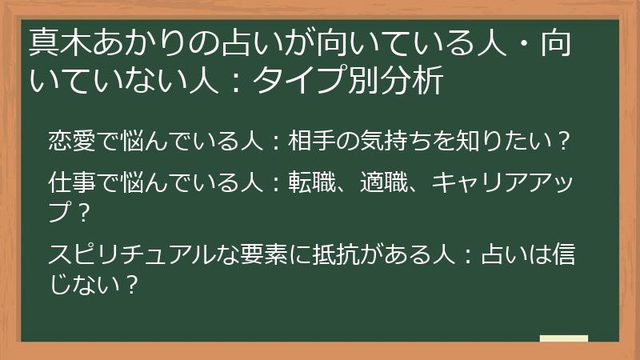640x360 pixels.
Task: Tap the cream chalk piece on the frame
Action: pos(563,339)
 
